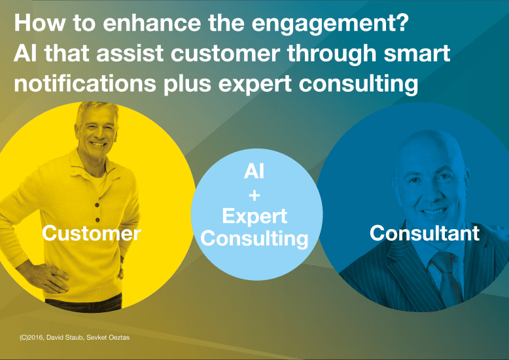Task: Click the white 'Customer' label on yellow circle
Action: (91, 234)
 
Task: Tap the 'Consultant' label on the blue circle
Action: (424, 233)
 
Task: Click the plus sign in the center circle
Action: (254, 195)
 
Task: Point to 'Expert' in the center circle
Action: (254, 216)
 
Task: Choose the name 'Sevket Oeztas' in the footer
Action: (112, 337)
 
